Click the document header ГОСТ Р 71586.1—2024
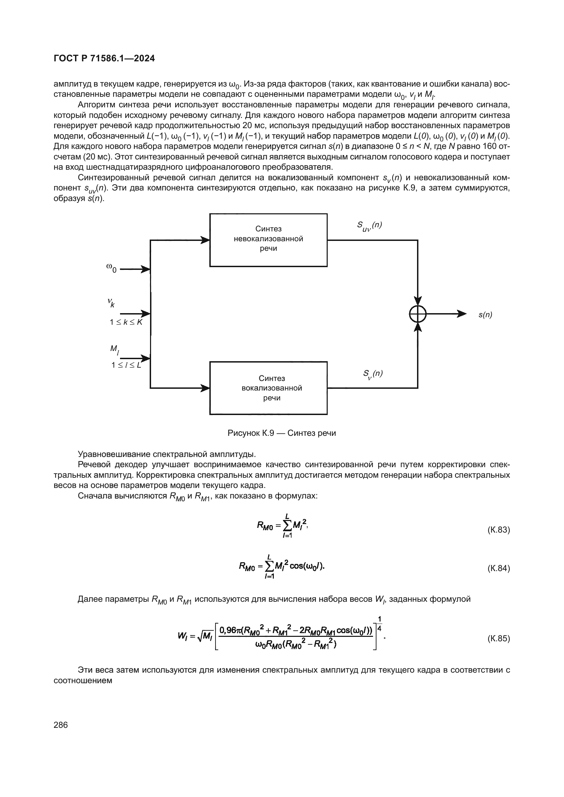coord(104,59)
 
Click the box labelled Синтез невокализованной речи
coord(268,240)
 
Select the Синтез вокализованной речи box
coord(268,388)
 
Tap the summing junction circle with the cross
coord(417,314)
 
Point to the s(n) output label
coord(485,315)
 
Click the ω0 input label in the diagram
coord(112,267)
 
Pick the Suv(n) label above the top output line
coord(369,226)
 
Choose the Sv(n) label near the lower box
coord(373,374)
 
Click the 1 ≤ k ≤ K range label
coord(126,322)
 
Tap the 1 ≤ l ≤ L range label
coord(127,365)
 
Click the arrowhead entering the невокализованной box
coord(206,240)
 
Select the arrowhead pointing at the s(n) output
coord(462,314)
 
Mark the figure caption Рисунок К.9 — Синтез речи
coord(282,433)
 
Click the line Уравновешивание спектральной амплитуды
coord(167,454)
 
